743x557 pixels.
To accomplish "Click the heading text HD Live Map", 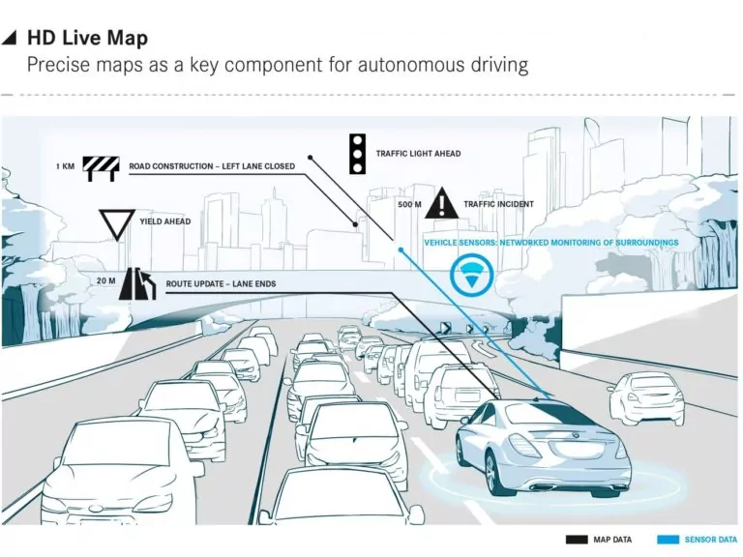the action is click(87, 38).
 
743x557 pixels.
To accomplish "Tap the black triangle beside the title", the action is click(11, 39).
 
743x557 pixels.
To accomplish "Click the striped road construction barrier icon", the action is click(101, 169).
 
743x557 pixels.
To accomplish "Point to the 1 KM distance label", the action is click(66, 166).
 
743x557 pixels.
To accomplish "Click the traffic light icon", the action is click(357, 154).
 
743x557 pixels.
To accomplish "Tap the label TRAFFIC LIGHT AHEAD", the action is click(418, 154).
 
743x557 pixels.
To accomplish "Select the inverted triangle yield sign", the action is click(117, 222).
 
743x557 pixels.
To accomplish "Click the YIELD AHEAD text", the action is click(164, 221).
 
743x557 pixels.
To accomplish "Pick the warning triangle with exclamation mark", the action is click(441, 203).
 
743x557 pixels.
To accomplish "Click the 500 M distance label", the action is click(409, 204).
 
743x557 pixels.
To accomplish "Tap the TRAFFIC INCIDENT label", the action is click(498, 204).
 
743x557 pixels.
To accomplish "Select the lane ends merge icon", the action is click(138, 283).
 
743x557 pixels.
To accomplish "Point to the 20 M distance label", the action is click(105, 280).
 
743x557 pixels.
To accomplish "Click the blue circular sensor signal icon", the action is click(471, 276).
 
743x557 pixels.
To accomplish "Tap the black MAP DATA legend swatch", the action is click(577, 540).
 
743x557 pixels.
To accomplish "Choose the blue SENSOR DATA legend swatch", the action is click(669, 540).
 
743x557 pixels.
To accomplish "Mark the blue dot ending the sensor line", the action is click(401, 249).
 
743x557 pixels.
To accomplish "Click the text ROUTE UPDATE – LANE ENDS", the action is click(221, 283).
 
